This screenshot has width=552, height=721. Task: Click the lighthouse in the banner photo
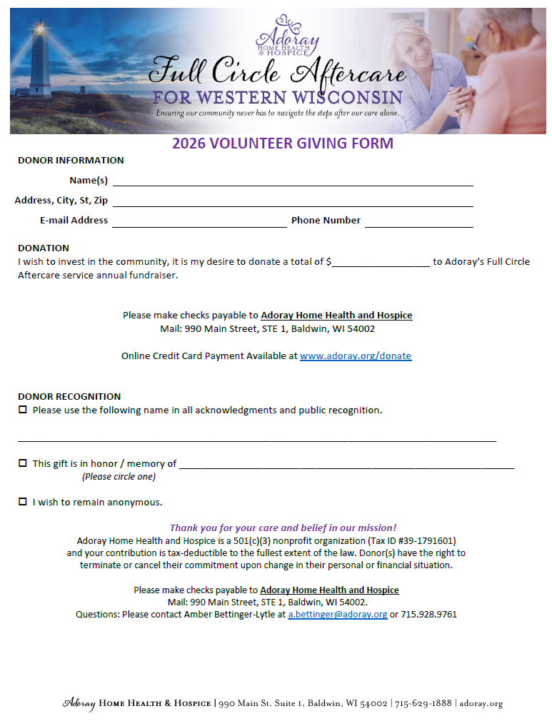(40, 61)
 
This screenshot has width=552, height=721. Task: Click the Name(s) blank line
(293, 181)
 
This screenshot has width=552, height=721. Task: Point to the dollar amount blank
(381, 262)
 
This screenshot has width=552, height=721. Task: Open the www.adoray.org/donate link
(356, 356)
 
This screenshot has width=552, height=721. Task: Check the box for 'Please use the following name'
(23, 410)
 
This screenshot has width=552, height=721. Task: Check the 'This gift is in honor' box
(23, 463)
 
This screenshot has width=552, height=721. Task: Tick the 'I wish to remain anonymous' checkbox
(23, 502)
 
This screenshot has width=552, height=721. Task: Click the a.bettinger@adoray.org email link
(338, 614)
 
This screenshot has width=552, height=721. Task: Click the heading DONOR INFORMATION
(71, 160)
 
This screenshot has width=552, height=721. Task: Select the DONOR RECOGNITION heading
(69, 396)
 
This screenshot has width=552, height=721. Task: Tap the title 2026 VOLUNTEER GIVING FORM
(283, 143)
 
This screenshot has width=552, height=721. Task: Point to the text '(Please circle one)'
(119, 476)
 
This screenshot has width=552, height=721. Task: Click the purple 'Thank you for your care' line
(283, 528)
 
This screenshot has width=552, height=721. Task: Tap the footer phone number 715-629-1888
(423, 703)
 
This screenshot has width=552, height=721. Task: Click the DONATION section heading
(44, 248)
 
